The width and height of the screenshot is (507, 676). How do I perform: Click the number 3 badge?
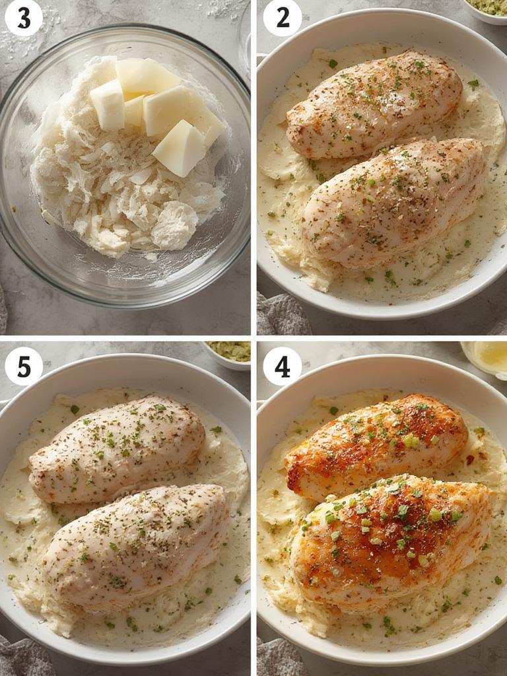(x=24, y=18)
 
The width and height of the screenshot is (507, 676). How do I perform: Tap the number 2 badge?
(x=283, y=18)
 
